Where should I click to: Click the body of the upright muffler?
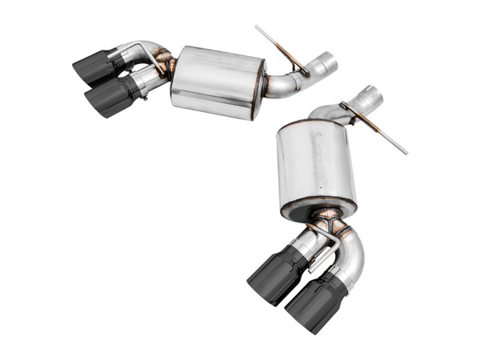point(314,164)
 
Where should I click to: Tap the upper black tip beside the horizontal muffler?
point(95,68)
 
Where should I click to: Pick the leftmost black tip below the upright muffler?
point(270,275)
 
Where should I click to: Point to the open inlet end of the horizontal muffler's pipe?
point(329,62)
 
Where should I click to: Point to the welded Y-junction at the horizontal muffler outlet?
point(163,64)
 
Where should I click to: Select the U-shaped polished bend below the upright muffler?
point(351,253)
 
